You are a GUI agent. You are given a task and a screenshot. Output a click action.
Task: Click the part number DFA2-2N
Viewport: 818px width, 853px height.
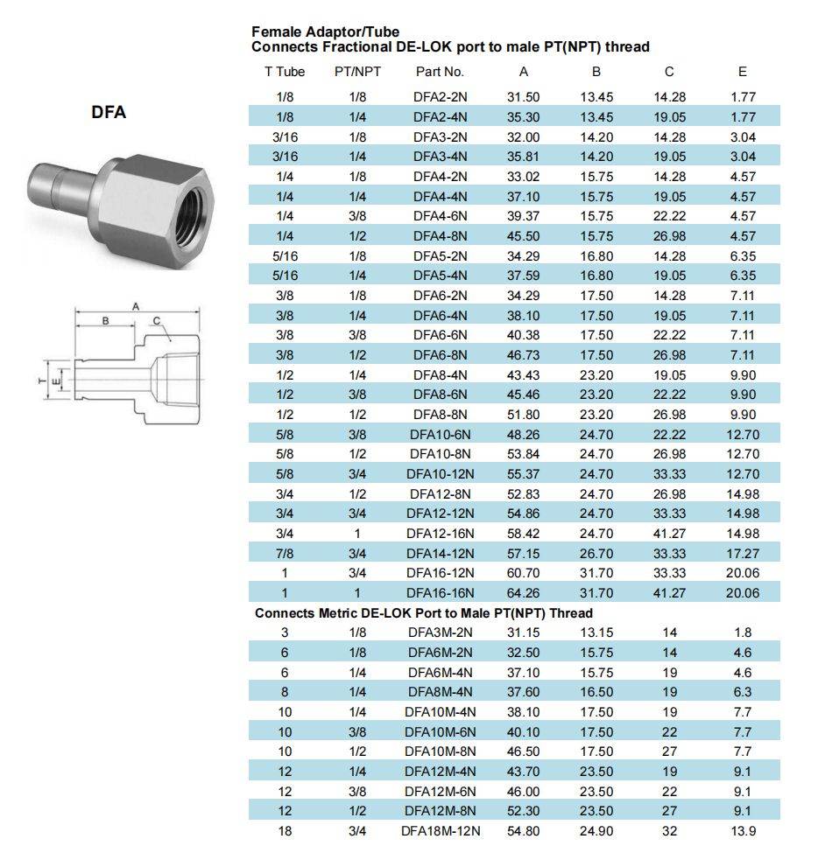click(x=441, y=97)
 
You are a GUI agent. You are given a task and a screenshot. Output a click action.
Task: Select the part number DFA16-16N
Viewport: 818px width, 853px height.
click(x=441, y=592)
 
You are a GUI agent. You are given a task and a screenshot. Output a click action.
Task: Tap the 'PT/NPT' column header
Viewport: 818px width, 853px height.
click(x=357, y=72)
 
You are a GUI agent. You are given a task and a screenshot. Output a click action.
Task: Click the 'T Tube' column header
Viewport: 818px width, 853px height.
click(x=285, y=72)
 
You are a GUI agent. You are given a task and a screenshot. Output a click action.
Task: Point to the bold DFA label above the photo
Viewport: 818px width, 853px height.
click(x=109, y=112)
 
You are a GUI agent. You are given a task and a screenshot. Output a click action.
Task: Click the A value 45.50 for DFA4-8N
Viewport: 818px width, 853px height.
click(x=524, y=236)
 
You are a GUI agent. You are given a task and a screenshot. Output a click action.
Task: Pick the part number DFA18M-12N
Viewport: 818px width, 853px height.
click(x=441, y=830)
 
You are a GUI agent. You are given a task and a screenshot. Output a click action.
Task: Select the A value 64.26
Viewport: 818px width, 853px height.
click(x=524, y=592)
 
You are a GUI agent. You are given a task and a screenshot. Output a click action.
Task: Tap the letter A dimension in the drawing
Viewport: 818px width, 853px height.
click(x=135, y=306)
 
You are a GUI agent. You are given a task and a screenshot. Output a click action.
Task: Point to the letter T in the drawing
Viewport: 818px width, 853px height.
click(x=40, y=382)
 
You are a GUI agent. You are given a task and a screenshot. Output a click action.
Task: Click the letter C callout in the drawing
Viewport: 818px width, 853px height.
click(x=156, y=321)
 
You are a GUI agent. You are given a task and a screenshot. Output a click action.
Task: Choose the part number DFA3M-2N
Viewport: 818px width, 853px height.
click(x=441, y=633)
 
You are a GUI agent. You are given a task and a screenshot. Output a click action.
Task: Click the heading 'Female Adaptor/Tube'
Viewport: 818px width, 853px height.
click(x=325, y=32)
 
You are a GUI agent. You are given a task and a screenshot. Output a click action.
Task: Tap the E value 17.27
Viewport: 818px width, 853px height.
click(x=743, y=553)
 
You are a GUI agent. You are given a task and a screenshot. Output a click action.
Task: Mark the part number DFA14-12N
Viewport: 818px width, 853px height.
click(x=441, y=553)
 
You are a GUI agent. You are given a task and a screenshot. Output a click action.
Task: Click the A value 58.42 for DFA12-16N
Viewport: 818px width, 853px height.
click(x=524, y=533)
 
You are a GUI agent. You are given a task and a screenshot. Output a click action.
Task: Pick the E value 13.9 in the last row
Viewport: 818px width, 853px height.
click(x=743, y=830)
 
